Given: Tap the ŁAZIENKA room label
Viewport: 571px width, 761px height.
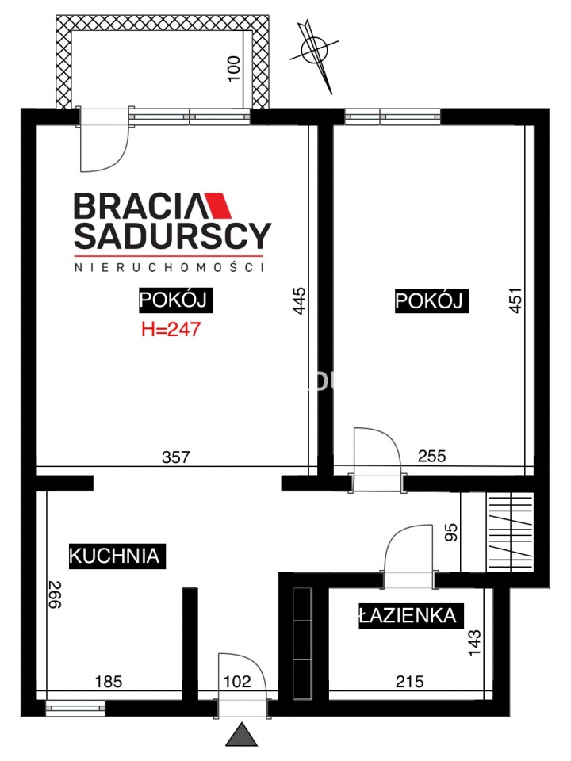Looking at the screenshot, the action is click(x=411, y=616).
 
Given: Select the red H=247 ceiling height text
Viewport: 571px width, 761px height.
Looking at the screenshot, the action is click(x=171, y=330).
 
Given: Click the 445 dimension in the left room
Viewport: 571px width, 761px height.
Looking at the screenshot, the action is click(x=300, y=301).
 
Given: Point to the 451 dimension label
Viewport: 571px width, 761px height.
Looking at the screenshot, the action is click(x=515, y=300).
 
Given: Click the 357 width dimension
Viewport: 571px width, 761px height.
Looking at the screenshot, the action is click(x=176, y=457).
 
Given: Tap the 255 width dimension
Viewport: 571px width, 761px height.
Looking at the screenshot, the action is click(x=431, y=456).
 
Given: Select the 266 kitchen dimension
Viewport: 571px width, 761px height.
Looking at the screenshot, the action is click(x=54, y=595).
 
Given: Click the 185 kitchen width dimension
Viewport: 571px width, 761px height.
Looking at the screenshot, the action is click(x=109, y=682).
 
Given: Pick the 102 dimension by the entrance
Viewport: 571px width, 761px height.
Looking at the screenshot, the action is click(x=237, y=682).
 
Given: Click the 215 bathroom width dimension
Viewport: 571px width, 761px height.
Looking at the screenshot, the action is click(x=409, y=682).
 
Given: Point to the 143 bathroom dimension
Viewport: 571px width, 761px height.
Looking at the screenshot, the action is click(x=474, y=643).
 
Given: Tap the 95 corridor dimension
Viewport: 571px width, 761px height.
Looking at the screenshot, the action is click(x=451, y=532).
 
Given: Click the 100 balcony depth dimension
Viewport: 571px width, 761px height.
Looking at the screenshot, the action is click(x=233, y=69).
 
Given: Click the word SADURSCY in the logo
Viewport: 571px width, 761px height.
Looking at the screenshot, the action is click(x=172, y=236).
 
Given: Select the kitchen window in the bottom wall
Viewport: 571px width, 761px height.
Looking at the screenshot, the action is click(x=76, y=708).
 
